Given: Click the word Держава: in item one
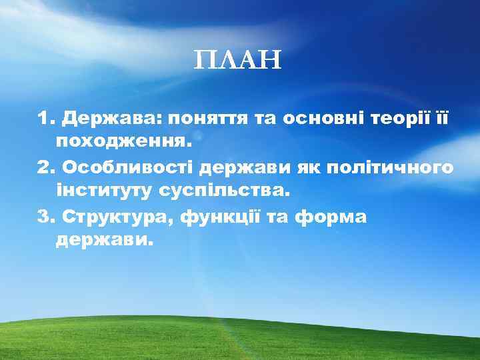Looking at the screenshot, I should pyautogui.click(x=112, y=118).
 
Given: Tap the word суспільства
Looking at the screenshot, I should pyautogui.click(x=225, y=191).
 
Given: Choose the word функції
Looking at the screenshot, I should pyautogui.click(x=231, y=217).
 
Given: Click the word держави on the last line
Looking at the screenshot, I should pyautogui.click(x=104, y=241).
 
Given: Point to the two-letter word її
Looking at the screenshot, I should pyautogui.click(x=444, y=118).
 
